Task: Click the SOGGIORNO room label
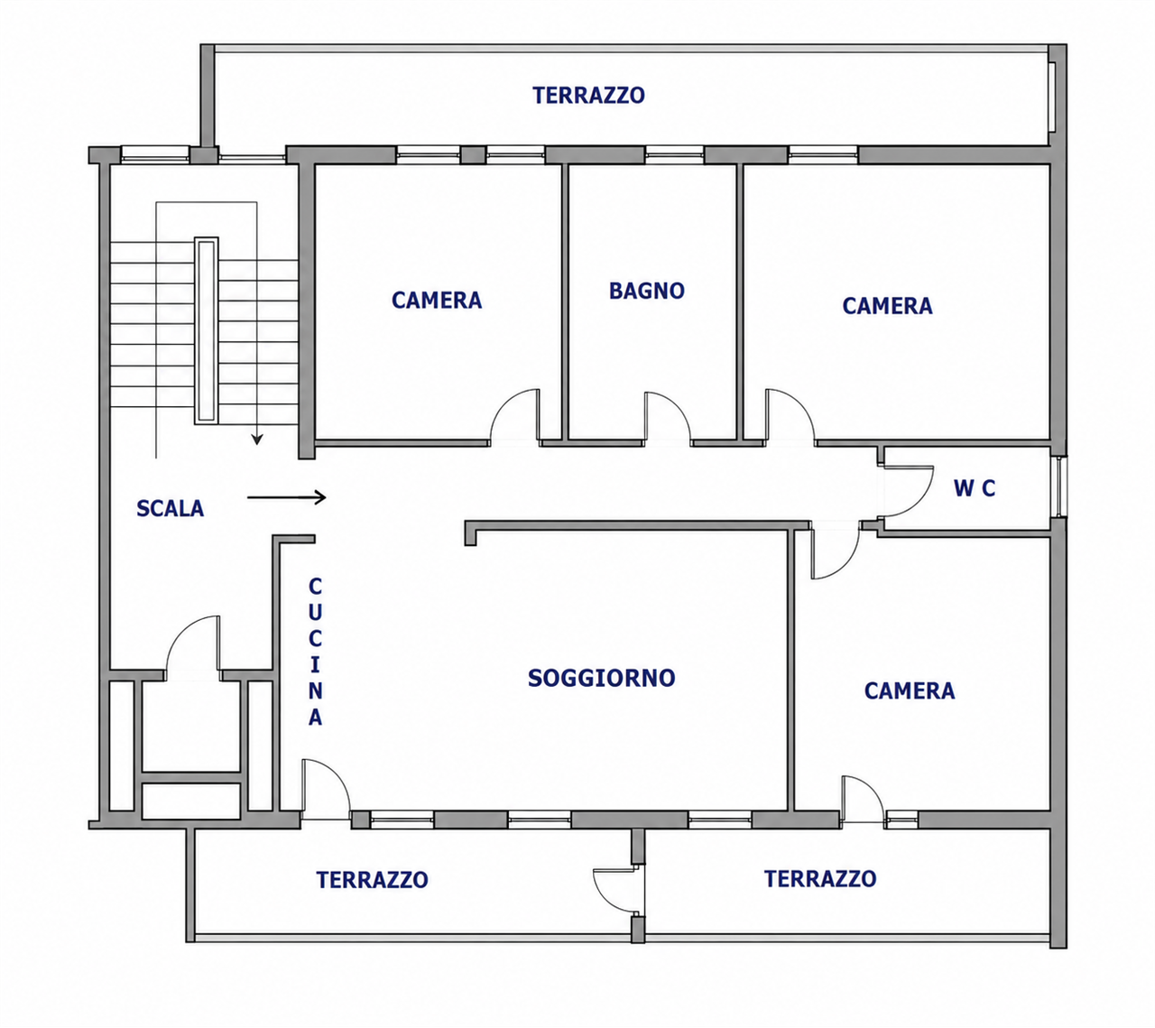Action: (601, 678)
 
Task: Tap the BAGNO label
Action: (646, 291)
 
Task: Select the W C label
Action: (975, 488)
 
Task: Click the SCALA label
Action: (170, 508)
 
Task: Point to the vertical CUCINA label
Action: (315, 652)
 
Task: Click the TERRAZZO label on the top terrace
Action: (588, 95)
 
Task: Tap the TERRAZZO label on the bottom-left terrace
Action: (372, 880)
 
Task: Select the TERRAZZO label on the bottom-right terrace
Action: (820, 878)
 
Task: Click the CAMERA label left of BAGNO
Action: (437, 301)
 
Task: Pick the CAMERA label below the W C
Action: (910, 691)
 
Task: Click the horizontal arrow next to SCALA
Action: (286, 497)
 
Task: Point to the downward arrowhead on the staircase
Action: (257, 439)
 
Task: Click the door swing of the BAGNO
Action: (668, 417)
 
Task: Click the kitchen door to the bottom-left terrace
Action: (326, 790)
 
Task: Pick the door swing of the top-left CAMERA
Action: (514, 415)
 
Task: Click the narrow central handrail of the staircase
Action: (206, 330)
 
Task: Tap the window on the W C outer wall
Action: (1058, 486)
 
